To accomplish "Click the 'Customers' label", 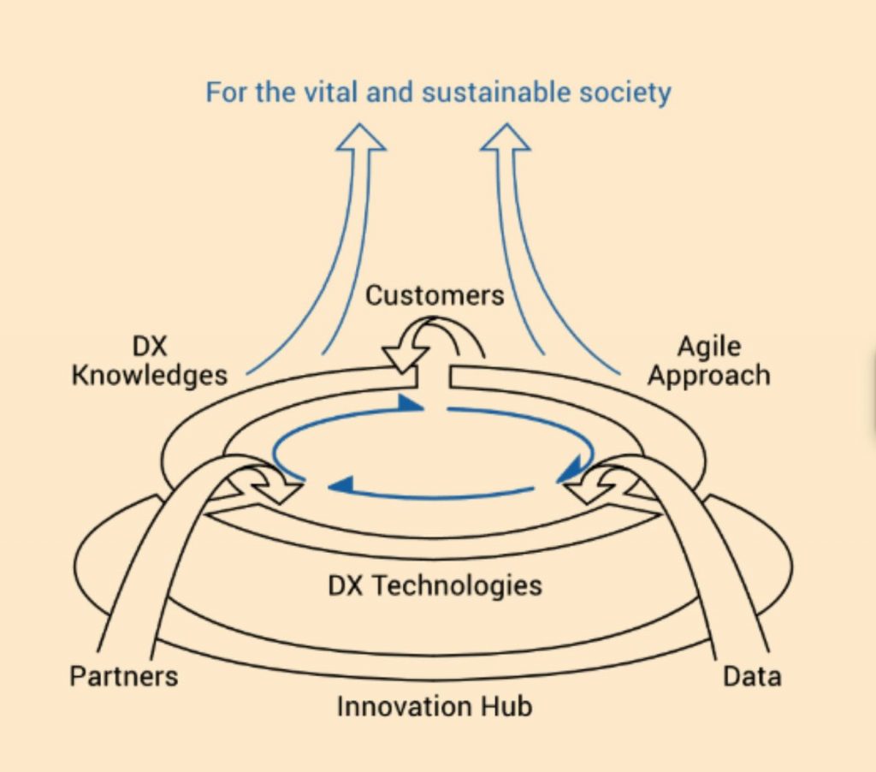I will tap(435, 295).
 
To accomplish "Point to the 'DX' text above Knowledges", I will tap(150, 347).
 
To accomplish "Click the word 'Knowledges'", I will tap(150, 375).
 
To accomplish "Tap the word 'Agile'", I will tap(708, 347).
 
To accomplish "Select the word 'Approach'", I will tap(708, 376).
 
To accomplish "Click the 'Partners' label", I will tap(124, 676).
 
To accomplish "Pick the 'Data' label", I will tap(752, 676).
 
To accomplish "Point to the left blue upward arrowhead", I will tap(360, 138).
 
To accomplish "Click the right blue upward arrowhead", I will tap(506, 138).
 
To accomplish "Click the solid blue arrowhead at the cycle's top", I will tap(411, 403).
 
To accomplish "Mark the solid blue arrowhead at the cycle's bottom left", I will tap(342, 485).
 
